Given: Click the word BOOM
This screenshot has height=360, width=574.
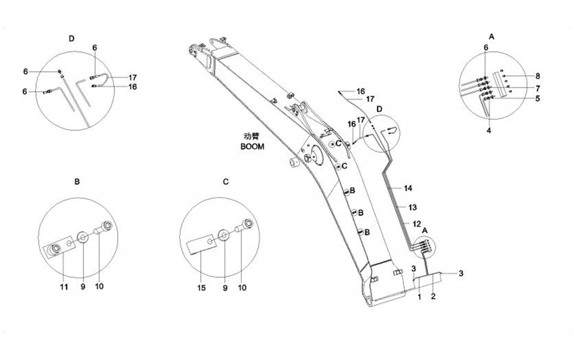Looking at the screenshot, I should pos(252,147).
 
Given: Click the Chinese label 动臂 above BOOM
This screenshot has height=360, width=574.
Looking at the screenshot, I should pos(252,137).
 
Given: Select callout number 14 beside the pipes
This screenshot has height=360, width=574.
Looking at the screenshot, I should pos(408,189).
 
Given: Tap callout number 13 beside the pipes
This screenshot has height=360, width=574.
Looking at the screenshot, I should pos(412,207).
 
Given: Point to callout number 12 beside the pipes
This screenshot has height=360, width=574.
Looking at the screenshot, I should pos(417,224).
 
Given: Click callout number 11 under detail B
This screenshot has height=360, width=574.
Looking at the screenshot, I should pos(64,286).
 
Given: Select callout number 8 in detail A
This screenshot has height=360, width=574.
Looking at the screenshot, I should pos(537,75).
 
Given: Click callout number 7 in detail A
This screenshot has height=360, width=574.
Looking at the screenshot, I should pos(537,88).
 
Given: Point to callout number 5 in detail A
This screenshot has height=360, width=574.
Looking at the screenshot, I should pos(537,98).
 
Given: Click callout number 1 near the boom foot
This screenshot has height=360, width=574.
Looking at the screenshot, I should pos(419,297).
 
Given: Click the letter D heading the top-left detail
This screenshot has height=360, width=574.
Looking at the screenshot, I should pos(71,38).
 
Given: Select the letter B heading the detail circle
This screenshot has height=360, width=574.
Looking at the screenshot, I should pos(78,181).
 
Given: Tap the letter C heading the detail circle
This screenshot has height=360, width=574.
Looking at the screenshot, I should pos(226,181).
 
